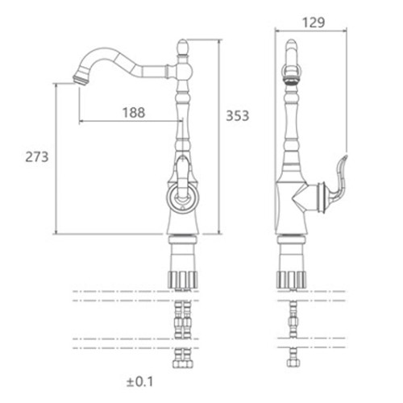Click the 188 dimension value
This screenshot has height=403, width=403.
point(134,113)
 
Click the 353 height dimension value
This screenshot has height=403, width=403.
point(238,115)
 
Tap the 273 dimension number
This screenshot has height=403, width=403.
point(37,156)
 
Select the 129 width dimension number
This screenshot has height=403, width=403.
point(314,23)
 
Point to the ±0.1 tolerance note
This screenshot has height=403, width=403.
point(139,382)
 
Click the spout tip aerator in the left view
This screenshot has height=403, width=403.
point(80,80)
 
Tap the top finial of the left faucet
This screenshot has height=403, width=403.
point(183,47)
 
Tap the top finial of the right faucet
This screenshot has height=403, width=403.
point(291,48)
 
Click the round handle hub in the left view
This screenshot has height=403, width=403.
point(183,197)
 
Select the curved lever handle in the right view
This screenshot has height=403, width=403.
point(338,179)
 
